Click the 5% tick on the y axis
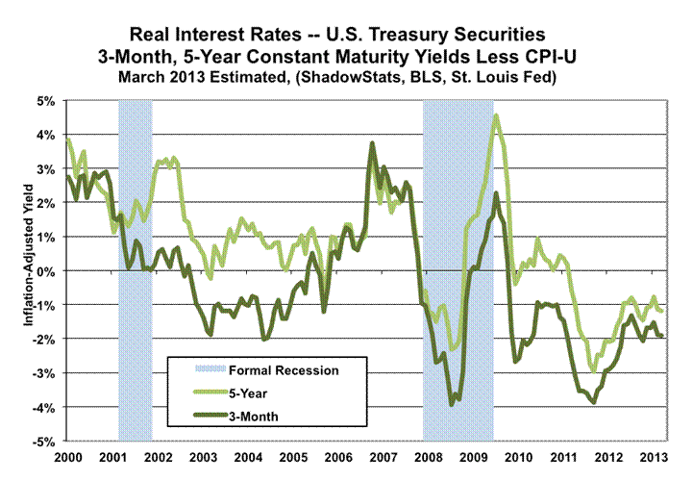click(x=47, y=100)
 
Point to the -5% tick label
click(x=45, y=442)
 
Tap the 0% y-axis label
click(x=47, y=271)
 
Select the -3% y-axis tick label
click(x=45, y=373)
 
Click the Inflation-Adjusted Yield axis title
click(x=29, y=271)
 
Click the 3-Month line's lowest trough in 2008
click(x=453, y=405)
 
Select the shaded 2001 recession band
click(x=135, y=269)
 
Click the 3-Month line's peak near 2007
click(x=372, y=143)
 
